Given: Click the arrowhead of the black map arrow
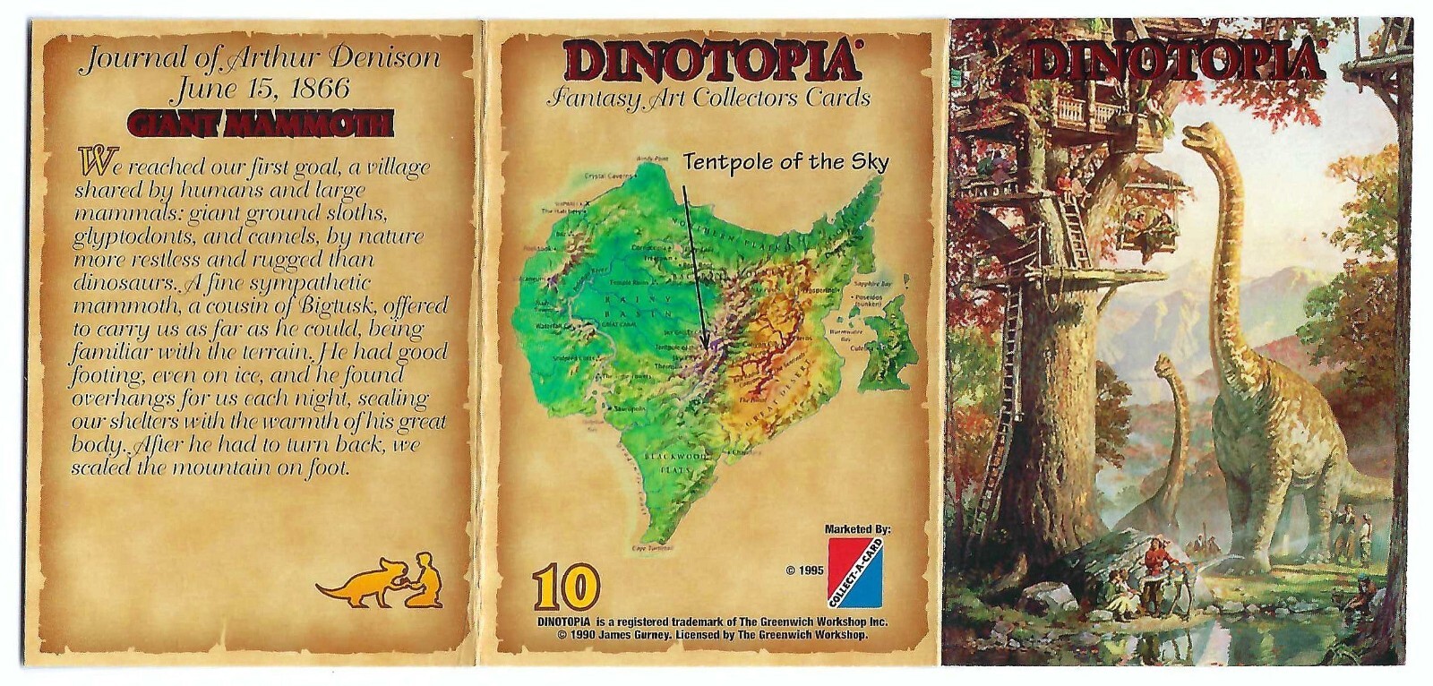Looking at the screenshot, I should [706, 345].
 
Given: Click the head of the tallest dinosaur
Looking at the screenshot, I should [1196, 136].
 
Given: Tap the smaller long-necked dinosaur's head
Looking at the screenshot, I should [1164, 364].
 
